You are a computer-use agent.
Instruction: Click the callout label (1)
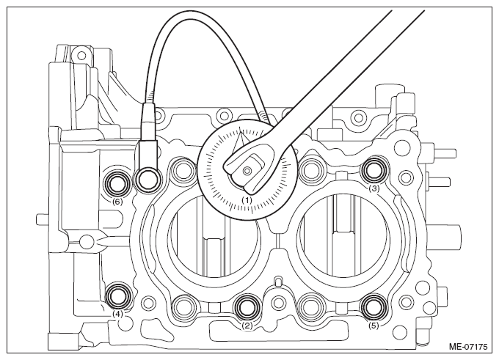pyautogui.click(x=247, y=200)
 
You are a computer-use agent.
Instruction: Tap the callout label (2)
pyautogui.click(x=247, y=326)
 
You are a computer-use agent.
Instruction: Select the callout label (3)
pyautogui.click(x=374, y=188)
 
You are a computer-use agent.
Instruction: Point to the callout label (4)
pyautogui.click(x=117, y=314)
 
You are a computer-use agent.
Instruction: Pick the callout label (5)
pyautogui.click(x=374, y=326)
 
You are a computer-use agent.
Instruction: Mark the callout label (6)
pyautogui.click(x=117, y=202)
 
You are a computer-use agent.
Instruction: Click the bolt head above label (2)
pyautogui.click(x=247, y=306)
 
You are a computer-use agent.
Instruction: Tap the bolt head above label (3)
pyautogui.click(x=374, y=170)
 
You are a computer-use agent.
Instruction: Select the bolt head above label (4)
pyautogui.click(x=117, y=295)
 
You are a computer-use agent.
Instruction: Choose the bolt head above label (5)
pyautogui.click(x=374, y=306)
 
